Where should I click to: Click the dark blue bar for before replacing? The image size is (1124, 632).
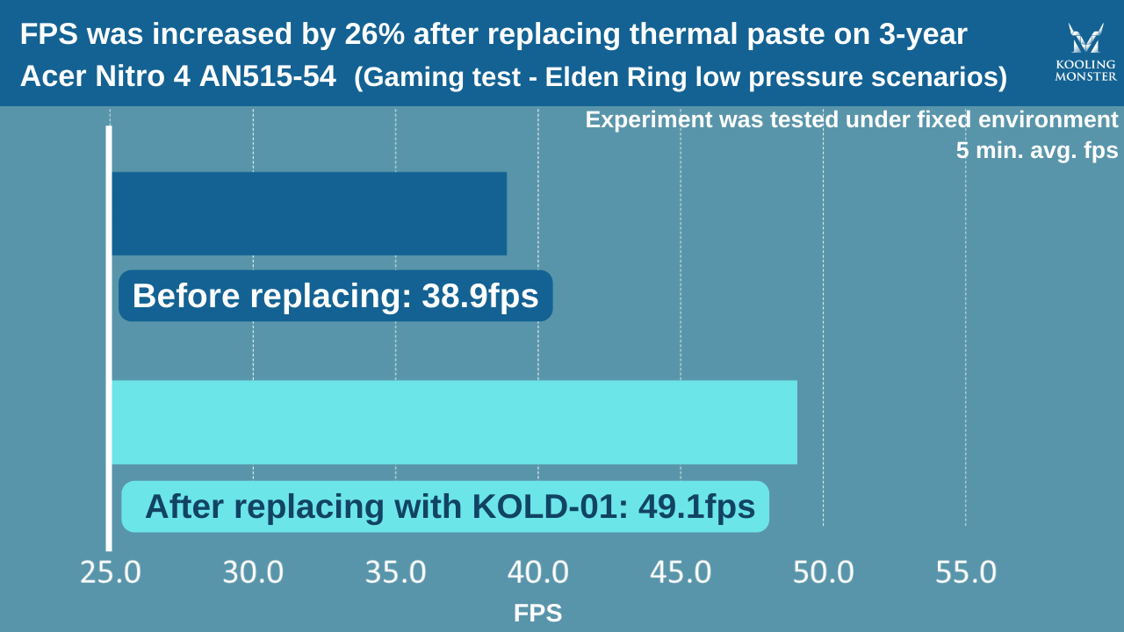pos(309,213)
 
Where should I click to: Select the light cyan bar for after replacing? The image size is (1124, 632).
pos(454,422)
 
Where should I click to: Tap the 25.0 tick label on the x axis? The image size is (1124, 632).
pos(110,573)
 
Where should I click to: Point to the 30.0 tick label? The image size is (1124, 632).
pos(253,573)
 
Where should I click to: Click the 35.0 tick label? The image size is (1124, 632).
pos(395,573)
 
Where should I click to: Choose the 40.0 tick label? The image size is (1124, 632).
pos(538,573)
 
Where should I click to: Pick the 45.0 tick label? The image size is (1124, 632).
pos(681,573)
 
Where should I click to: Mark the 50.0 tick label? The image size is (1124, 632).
pos(823,573)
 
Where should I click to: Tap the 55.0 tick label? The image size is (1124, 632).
pos(966,573)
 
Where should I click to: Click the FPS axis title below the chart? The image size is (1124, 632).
pos(537,614)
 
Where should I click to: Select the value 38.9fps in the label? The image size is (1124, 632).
pos(480,297)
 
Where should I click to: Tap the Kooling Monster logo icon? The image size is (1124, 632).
pos(1085,39)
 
